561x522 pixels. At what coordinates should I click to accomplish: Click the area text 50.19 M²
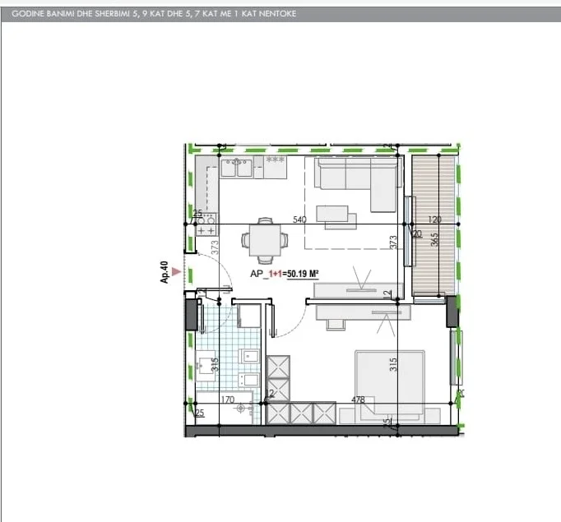(x=303, y=276)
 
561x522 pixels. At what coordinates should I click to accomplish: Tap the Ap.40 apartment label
(x=165, y=273)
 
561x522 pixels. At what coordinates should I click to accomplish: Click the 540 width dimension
(x=299, y=219)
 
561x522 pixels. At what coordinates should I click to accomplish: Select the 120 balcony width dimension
(x=435, y=219)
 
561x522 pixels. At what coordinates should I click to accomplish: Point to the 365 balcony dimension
(x=434, y=245)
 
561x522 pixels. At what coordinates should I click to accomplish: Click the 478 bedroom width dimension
(x=358, y=400)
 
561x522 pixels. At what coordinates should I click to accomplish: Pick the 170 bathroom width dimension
(x=228, y=400)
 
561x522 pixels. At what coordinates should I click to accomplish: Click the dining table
(x=264, y=239)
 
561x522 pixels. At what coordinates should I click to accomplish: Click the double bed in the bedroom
(x=390, y=381)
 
